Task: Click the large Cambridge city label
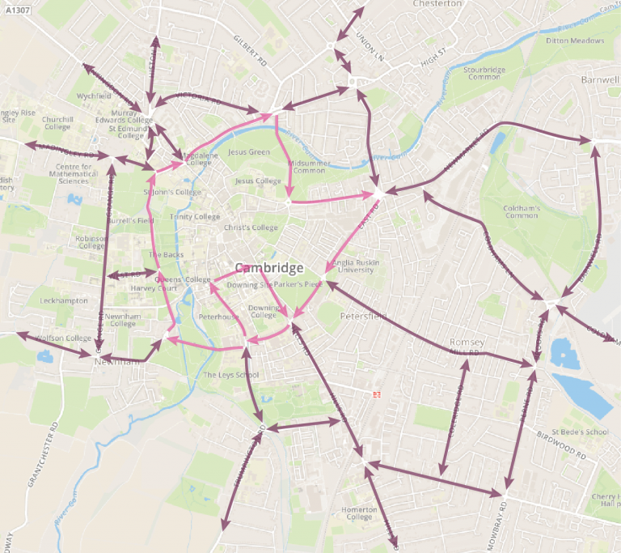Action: click(269, 268)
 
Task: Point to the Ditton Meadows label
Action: click(575, 40)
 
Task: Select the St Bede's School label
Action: click(579, 432)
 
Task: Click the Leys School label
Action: click(231, 375)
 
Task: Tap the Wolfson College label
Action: click(65, 338)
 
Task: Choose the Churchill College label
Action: click(57, 122)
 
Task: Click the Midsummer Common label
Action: click(306, 167)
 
